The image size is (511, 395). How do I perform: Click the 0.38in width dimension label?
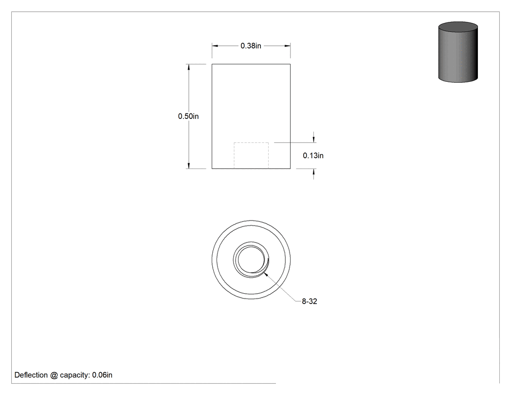tap(251, 46)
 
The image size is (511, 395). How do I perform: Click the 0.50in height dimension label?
tap(188, 116)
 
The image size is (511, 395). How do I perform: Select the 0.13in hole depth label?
tap(313, 155)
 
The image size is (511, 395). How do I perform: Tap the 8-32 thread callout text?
tap(309, 301)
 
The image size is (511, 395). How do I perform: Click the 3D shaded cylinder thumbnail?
tap(458, 52)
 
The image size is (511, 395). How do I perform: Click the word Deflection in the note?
tap(31, 375)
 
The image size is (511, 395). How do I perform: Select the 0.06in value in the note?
tap(102, 375)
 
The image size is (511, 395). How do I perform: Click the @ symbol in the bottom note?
tap(54, 375)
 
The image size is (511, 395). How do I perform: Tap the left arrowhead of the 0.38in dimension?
tap(215, 46)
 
